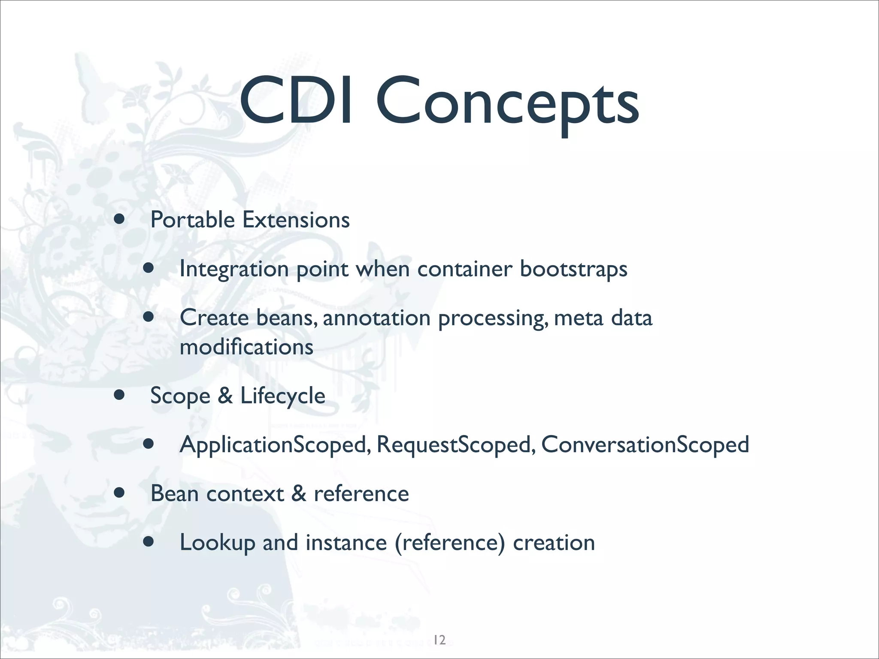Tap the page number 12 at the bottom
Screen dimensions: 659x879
439,640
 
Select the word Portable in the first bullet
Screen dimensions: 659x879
192,220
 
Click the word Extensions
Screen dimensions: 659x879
296,220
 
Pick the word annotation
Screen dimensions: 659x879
377,318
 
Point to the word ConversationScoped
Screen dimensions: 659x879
645,445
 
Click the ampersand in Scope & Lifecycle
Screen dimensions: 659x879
225,396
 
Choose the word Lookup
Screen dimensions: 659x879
217,543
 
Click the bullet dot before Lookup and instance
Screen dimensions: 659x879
149,542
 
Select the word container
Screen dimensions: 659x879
465,269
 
